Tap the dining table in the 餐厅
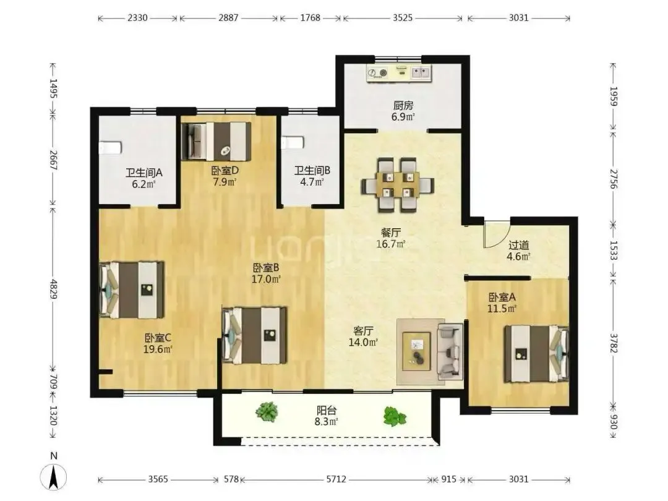click(398, 186)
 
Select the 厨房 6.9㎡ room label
click(403, 111)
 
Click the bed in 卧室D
click(216, 141)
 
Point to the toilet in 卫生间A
click(110, 147)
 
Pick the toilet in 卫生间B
click(292, 142)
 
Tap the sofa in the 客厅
click(451, 351)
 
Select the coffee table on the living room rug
click(417, 351)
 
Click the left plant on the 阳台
click(267, 412)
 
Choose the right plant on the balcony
click(395, 416)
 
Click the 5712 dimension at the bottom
click(336, 480)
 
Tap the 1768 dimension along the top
click(310, 18)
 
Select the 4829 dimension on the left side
click(53, 289)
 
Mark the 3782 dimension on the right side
click(614, 343)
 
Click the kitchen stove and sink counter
click(399, 73)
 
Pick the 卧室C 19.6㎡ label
click(158, 344)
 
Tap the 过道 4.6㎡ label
click(518, 251)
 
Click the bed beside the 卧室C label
click(132, 289)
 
